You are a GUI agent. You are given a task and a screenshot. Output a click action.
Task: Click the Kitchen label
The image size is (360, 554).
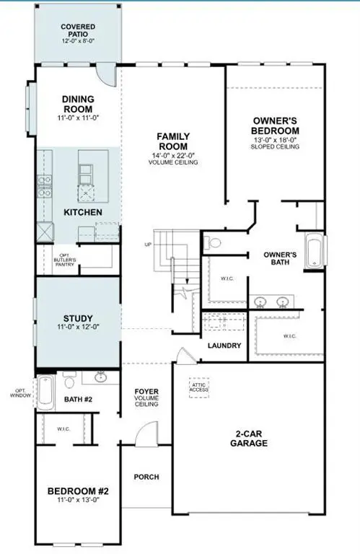[83, 213]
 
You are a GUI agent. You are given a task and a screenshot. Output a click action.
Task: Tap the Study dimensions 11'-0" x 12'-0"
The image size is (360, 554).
[77, 328]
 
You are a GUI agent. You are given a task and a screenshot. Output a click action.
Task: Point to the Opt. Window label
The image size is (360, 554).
[18, 393]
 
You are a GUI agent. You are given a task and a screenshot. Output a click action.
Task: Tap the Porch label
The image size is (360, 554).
[146, 478]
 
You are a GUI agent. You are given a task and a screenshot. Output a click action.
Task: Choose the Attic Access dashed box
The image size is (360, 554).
[199, 387]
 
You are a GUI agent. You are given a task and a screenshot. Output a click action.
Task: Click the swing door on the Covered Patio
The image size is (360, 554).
[107, 73]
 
